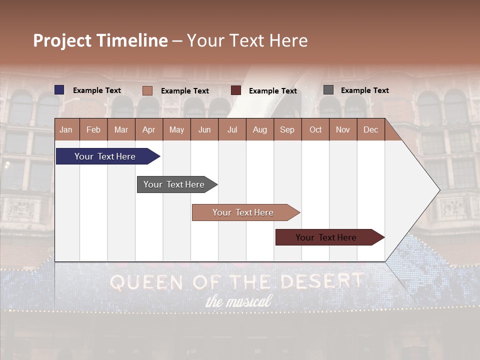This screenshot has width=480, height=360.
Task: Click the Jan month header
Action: point(66,129)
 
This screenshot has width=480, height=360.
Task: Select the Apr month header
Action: point(148,129)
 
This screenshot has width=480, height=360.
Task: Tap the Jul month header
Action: point(232,129)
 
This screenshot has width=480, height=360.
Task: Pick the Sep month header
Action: point(287,129)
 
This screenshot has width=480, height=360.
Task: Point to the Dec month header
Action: point(370,129)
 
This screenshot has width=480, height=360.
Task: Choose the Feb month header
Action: point(93,129)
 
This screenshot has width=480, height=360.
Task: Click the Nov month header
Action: point(342,129)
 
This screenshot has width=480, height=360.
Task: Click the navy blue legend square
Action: point(59,90)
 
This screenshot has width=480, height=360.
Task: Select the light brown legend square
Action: point(147,90)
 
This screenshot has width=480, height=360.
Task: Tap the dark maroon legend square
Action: point(236,90)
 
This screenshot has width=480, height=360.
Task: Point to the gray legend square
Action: point(328,90)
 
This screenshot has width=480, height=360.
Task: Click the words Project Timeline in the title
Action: point(100,40)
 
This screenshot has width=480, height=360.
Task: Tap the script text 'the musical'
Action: point(238,301)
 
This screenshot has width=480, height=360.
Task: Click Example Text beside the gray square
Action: point(364,90)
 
